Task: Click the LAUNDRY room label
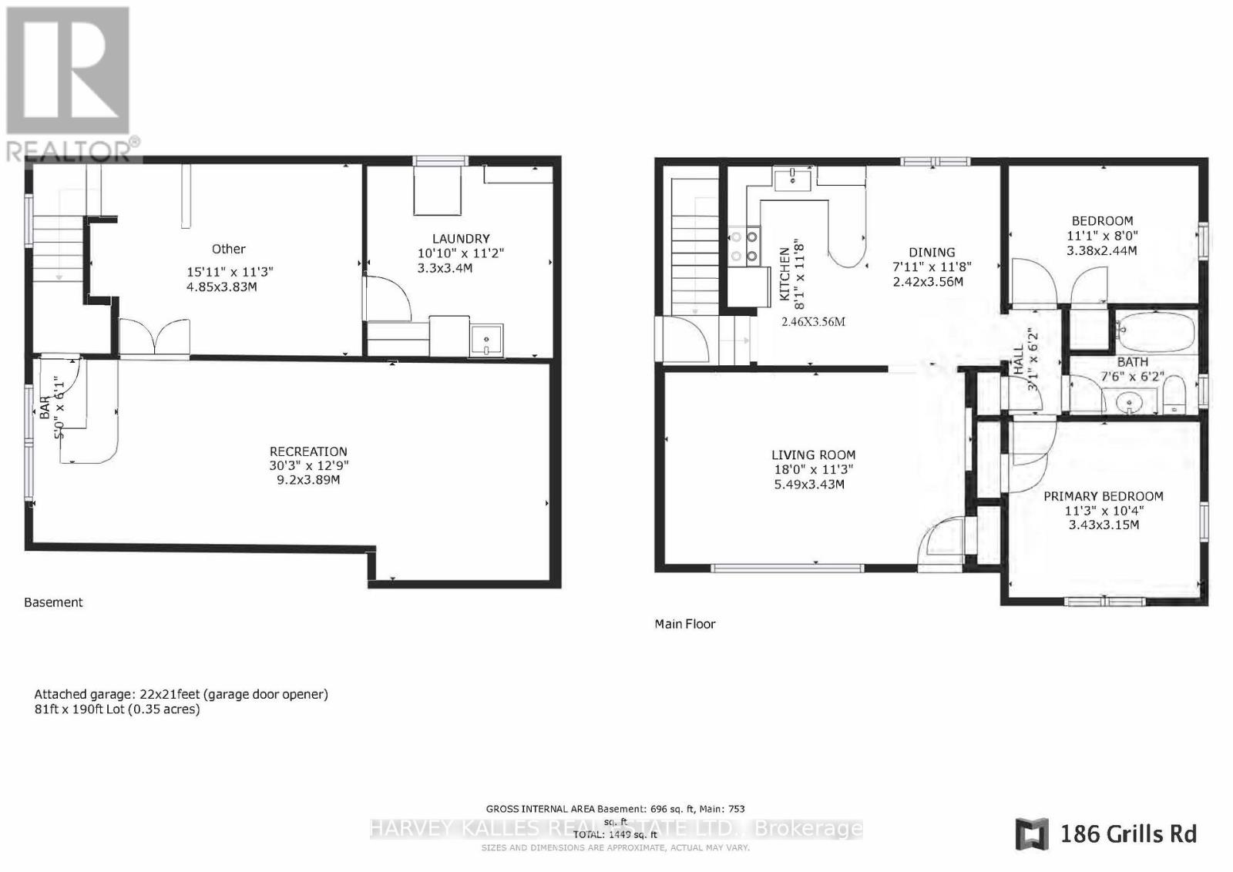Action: point(460,239)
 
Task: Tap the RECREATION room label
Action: point(308,451)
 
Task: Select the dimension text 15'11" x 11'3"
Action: point(230,272)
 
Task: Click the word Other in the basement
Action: point(228,249)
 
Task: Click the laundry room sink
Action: point(486,339)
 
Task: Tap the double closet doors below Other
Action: point(155,337)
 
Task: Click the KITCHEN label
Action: point(784,273)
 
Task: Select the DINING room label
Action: point(931,252)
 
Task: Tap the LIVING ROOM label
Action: point(813,455)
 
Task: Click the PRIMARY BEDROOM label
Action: point(1103,497)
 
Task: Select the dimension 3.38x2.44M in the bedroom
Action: point(1101,250)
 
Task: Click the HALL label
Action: point(1018,360)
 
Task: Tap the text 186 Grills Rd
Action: point(1127,833)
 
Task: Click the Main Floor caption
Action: point(684,624)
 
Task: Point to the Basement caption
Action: point(53,602)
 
